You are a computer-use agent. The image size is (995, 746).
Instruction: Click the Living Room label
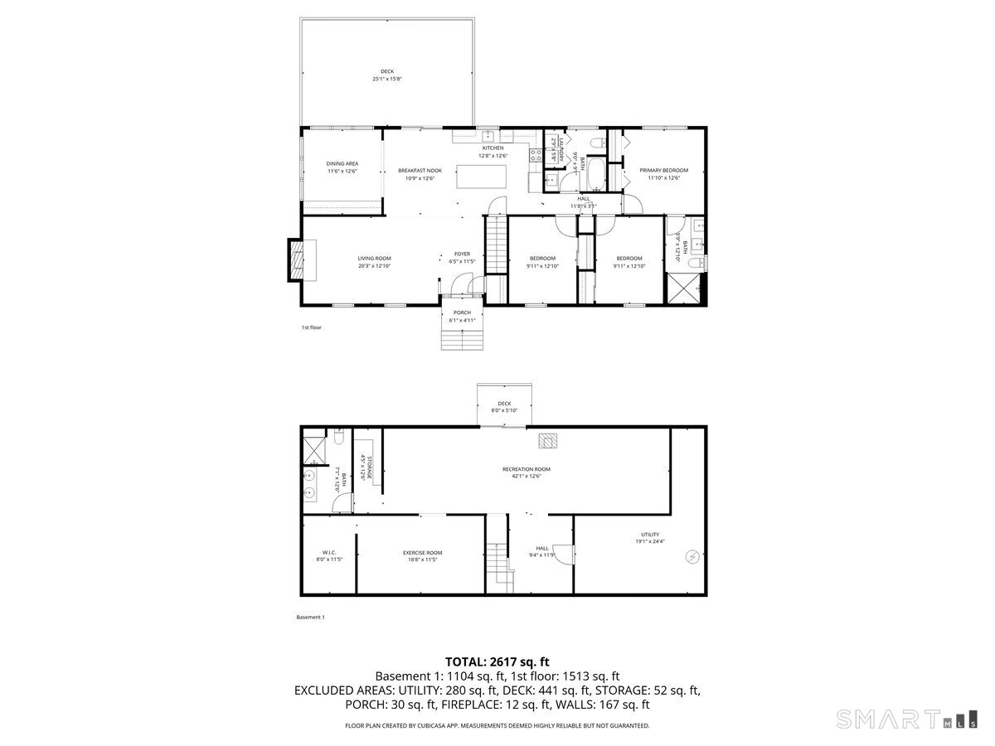tap(374, 259)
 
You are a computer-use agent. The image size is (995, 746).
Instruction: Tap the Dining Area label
tap(342, 164)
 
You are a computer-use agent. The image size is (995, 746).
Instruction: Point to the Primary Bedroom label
tap(663, 171)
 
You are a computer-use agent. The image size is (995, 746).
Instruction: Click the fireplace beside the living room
tap(295, 259)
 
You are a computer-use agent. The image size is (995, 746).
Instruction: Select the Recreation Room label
tap(526, 469)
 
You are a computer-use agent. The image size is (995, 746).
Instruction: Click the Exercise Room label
tap(422, 553)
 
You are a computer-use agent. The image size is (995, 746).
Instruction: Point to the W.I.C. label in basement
tap(328, 553)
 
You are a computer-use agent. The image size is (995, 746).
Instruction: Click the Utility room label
tap(650, 535)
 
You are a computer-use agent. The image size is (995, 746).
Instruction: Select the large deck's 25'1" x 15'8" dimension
tap(387, 80)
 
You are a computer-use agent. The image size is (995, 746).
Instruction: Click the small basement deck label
tap(504, 404)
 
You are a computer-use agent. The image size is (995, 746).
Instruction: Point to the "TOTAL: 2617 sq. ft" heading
tap(498, 661)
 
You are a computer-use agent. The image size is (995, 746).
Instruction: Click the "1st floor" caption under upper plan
tap(311, 327)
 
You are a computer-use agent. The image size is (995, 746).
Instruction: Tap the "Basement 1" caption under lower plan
tap(310, 617)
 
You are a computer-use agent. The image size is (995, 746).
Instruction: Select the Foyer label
tap(462, 254)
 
